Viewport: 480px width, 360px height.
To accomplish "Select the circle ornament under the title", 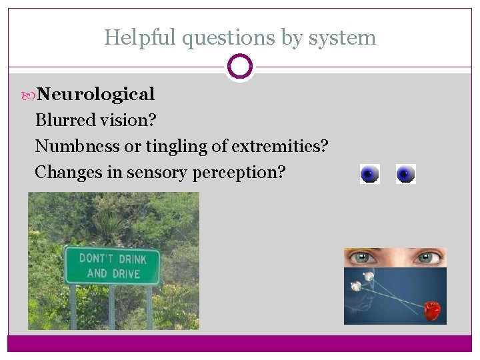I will [x=239, y=67].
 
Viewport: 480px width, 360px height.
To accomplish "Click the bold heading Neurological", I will [x=95, y=94].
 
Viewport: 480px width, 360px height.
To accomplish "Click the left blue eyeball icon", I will [x=369, y=174].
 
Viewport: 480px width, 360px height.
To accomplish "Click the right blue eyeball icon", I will [x=405, y=174].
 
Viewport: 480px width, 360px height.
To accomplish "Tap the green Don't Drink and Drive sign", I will [x=111, y=265].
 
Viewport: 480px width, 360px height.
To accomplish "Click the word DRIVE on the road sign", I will [x=126, y=273].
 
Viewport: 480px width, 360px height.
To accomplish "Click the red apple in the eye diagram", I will [x=432, y=309].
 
